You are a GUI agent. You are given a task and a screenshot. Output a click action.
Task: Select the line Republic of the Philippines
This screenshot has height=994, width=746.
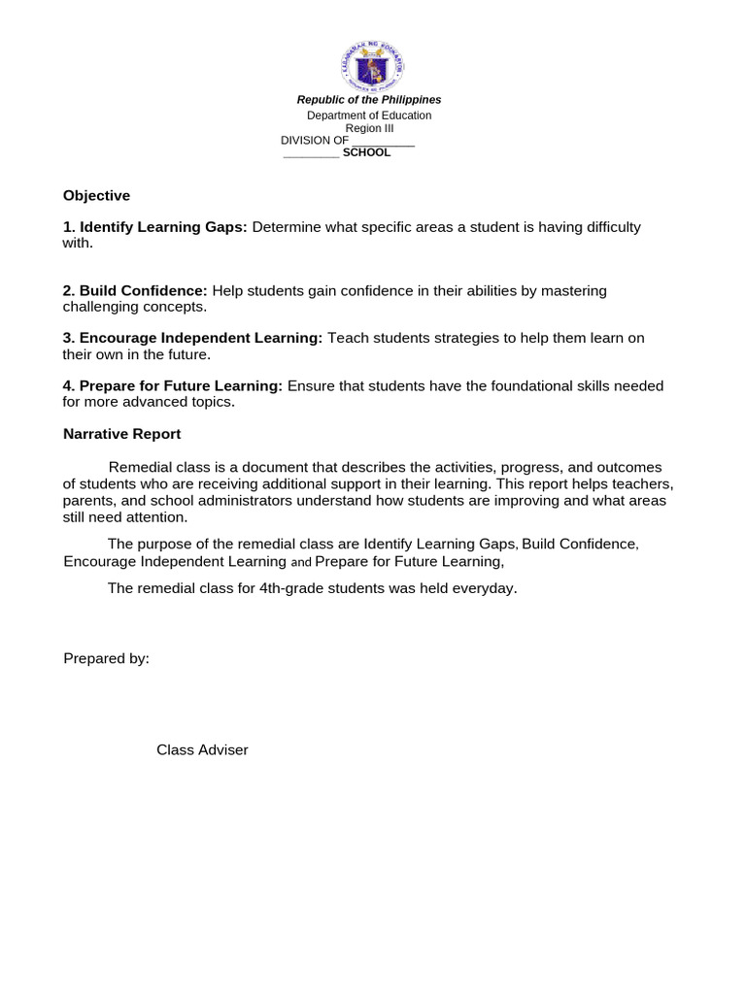pyautogui.click(x=369, y=100)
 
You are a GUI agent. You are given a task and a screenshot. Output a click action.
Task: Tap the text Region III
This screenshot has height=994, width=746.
pyautogui.click(x=368, y=128)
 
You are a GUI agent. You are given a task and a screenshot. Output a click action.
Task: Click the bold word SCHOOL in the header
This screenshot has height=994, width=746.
pyautogui.click(x=367, y=152)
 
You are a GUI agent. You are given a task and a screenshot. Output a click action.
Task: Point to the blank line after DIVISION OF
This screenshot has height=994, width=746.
pyautogui.click(x=383, y=141)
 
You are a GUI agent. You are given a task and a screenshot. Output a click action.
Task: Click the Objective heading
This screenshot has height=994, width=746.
pyautogui.click(x=96, y=195)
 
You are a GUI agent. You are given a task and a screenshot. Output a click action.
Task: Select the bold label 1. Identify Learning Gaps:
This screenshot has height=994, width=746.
pyautogui.click(x=155, y=227)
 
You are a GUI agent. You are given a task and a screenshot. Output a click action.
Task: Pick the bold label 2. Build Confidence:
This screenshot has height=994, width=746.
pyautogui.click(x=135, y=290)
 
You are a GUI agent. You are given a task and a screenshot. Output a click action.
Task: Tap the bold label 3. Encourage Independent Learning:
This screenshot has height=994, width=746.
pyautogui.click(x=192, y=338)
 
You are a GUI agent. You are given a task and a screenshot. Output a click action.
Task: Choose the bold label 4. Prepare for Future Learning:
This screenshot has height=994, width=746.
pyautogui.click(x=173, y=385)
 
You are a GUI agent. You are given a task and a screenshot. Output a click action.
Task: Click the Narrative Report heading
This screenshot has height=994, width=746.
pyautogui.click(x=121, y=434)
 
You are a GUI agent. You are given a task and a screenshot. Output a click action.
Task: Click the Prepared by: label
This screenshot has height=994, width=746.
pyautogui.click(x=106, y=658)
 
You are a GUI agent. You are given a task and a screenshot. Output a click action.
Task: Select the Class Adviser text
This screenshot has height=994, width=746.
pyautogui.click(x=202, y=749)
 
